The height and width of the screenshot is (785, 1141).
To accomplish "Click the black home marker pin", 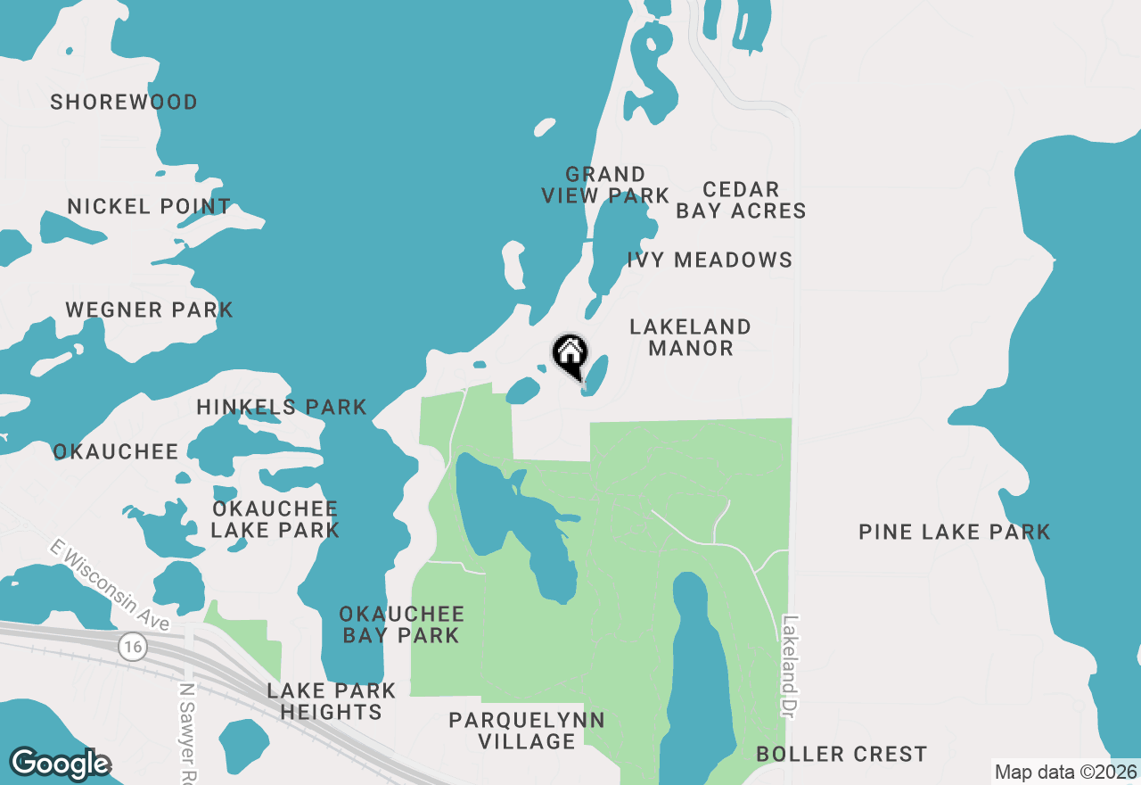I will (x=570, y=355).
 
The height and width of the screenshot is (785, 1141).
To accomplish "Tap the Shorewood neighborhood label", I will (x=124, y=103).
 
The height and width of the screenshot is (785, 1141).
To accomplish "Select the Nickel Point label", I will (x=149, y=207).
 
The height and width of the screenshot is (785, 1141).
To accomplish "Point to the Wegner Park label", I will (x=149, y=310).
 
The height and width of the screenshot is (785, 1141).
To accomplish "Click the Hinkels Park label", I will (x=282, y=408).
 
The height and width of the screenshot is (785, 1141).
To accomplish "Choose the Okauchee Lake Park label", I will (x=275, y=520).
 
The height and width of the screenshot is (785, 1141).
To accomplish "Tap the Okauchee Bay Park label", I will (x=402, y=624).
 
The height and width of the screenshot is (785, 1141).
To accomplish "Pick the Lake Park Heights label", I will (x=331, y=701).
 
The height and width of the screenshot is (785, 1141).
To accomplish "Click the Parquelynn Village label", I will (x=527, y=731).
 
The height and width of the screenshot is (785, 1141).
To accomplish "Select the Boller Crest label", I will (x=841, y=755).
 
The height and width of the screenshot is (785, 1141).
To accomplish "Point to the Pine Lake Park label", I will (x=955, y=533).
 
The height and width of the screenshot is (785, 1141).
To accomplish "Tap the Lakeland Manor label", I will (x=691, y=337).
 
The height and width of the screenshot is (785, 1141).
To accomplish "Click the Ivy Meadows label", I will (x=710, y=260).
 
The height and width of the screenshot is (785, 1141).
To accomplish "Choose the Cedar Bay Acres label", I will (x=741, y=200).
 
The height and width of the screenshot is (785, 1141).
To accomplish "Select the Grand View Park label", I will (x=605, y=185).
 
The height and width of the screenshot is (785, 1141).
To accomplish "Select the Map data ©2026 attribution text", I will (x=1065, y=772).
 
